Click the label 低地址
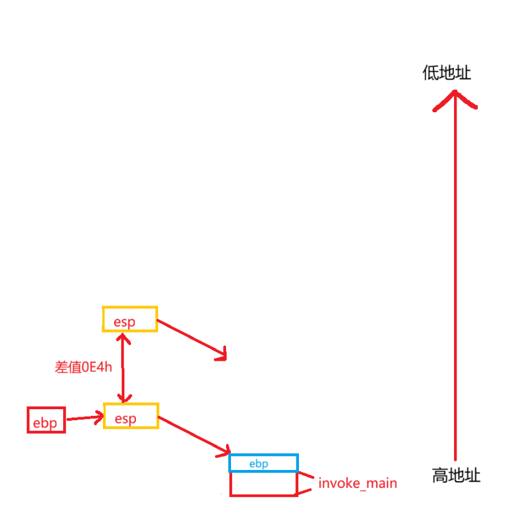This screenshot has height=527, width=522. (x=447, y=74)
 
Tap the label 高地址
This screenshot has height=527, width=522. (x=456, y=475)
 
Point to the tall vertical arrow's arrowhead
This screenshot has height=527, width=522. (x=455, y=98)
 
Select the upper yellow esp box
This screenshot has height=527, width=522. (x=130, y=320)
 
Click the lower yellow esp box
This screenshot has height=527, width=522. (x=131, y=417)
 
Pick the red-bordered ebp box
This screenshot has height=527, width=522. (x=46, y=420)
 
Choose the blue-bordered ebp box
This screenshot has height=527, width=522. (x=263, y=463)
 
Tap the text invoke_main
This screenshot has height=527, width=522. (x=357, y=483)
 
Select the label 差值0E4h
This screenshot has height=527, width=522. (x=83, y=367)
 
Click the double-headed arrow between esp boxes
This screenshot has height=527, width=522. (x=124, y=368)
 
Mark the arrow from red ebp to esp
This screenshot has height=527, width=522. (x=85, y=418)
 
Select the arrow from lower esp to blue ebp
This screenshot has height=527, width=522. (x=193, y=437)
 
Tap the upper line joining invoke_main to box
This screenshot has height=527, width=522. (x=306, y=477)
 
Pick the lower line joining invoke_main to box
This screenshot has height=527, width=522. (x=306, y=490)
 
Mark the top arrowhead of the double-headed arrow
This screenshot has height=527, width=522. (x=124, y=337)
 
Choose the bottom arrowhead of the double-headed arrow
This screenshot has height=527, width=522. (x=124, y=399)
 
